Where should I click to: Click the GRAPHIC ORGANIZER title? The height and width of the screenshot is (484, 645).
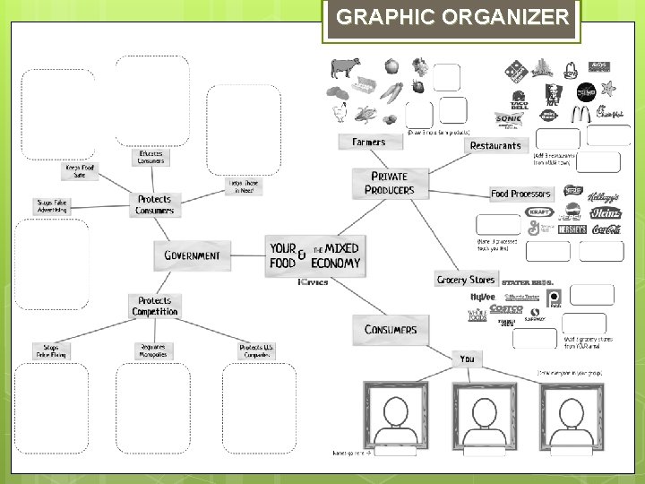(x=452, y=18)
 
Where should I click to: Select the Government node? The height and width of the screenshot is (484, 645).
(x=192, y=255)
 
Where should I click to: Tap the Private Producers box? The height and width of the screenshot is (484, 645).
(x=390, y=183)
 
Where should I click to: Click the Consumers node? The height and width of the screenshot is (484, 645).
(x=391, y=329)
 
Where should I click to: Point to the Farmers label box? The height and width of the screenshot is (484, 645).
(x=368, y=142)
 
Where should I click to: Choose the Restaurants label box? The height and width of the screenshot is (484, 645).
(x=495, y=145)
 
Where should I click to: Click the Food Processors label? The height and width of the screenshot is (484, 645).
(x=522, y=194)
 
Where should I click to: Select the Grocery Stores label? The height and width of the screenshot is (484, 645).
(x=465, y=280)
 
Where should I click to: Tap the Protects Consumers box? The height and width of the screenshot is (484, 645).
(x=154, y=204)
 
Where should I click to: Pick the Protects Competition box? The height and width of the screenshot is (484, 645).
(x=154, y=307)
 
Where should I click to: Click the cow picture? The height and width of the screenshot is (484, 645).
(x=343, y=67)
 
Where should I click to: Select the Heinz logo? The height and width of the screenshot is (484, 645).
(x=606, y=212)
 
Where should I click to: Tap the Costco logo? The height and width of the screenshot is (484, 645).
(x=506, y=309)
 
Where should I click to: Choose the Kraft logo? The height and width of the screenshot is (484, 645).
(x=540, y=212)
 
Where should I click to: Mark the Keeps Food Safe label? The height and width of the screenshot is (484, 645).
(x=80, y=170)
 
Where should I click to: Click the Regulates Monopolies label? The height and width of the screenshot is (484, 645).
(x=153, y=350)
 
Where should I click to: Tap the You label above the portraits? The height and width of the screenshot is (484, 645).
(x=467, y=359)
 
